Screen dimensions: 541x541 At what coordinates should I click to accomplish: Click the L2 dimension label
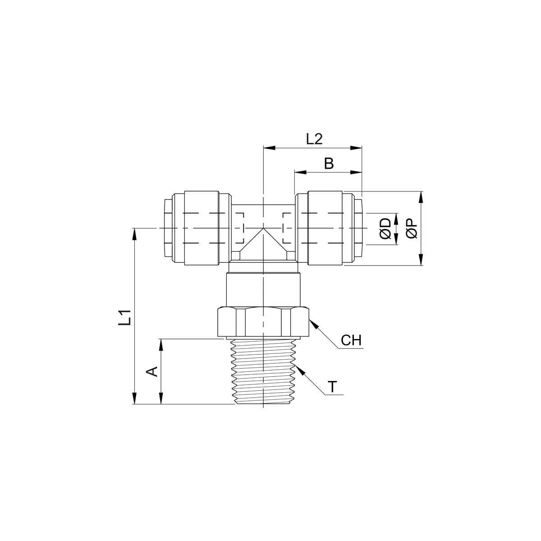pyautogui.click(x=314, y=139)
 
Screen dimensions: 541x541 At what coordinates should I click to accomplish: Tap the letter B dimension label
pyautogui.click(x=329, y=163)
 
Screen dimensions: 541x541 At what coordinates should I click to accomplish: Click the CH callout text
pyautogui.click(x=351, y=340)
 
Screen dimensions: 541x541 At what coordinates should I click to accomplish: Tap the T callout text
pyautogui.click(x=332, y=387)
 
